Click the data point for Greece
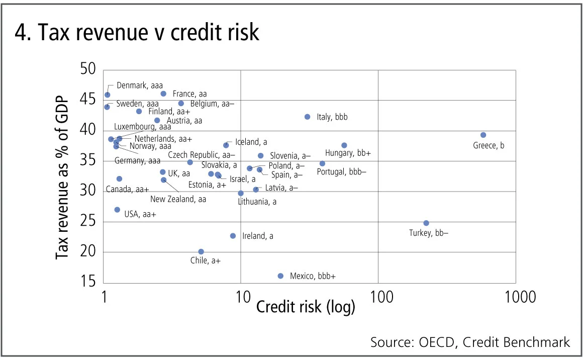click(x=483, y=135)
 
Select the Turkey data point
click(x=426, y=223)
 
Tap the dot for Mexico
click(x=280, y=276)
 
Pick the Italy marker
click(x=308, y=117)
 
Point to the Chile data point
click(x=201, y=251)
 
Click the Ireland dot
click(x=233, y=235)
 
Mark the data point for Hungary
click(x=344, y=145)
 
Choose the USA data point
click(x=117, y=210)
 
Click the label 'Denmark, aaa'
click(x=140, y=85)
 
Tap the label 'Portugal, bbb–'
click(x=342, y=171)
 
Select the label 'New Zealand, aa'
click(x=178, y=199)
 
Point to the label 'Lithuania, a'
click(x=257, y=202)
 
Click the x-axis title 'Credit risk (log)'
click(x=306, y=306)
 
